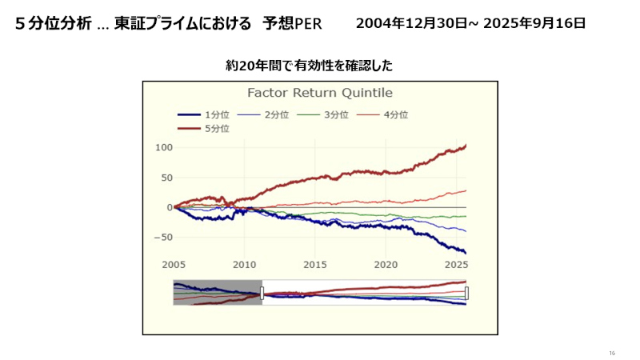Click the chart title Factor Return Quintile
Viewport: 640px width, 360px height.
click(319, 93)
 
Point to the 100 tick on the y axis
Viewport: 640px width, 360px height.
click(164, 147)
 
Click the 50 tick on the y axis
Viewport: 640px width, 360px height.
click(166, 178)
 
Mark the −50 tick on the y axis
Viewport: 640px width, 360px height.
click(162, 238)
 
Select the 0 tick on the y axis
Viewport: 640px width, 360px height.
click(170, 207)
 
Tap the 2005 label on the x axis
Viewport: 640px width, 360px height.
click(174, 264)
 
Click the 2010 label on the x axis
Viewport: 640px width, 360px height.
click(245, 264)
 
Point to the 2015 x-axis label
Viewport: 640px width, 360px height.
click(315, 264)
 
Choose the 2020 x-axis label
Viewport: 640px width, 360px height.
click(386, 264)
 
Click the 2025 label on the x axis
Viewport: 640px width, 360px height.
click(455, 264)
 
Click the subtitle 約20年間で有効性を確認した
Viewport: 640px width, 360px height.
click(309, 65)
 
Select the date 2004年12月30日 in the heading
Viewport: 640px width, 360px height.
click(410, 23)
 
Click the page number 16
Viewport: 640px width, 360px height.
click(612, 353)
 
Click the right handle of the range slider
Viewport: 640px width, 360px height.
click(466, 293)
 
